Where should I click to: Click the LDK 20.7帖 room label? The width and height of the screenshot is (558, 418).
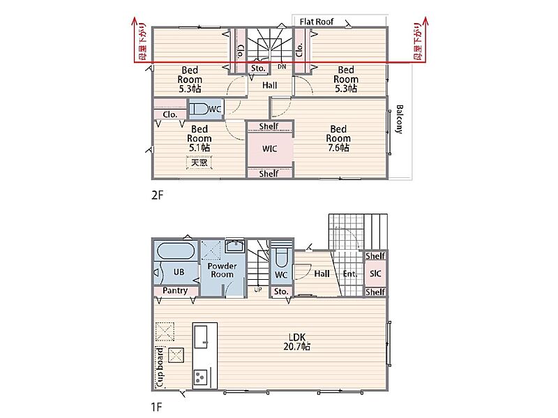(x=297, y=341)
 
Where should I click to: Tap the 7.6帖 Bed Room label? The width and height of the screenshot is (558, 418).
(x=338, y=138)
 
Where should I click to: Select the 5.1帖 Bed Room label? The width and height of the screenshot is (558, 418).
(x=199, y=138)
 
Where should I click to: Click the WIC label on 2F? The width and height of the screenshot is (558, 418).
(x=269, y=149)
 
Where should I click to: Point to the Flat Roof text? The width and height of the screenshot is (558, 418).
(x=317, y=22)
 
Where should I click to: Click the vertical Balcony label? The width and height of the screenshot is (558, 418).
(x=400, y=119)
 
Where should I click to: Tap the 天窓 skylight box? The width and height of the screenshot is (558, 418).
(x=199, y=163)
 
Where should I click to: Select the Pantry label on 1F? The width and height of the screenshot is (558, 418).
(x=175, y=290)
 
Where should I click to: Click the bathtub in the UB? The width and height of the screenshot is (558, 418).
(x=176, y=251)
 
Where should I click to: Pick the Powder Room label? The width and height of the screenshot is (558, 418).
(x=222, y=270)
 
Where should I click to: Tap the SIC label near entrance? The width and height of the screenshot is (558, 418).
(x=375, y=274)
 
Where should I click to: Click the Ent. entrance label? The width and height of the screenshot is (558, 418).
(x=350, y=274)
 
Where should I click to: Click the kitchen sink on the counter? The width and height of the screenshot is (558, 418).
(x=201, y=336)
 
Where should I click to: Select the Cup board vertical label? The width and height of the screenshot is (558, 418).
(x=160, y=367)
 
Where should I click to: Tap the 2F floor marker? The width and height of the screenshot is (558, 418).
(x=157, y=195)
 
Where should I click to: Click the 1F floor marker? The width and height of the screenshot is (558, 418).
(x=156, y=406)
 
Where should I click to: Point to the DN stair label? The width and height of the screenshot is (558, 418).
(x=282, y=66)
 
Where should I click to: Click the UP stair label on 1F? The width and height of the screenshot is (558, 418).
(x=258, y=290)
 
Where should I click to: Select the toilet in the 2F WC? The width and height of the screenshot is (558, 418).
(x=198, y=109)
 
